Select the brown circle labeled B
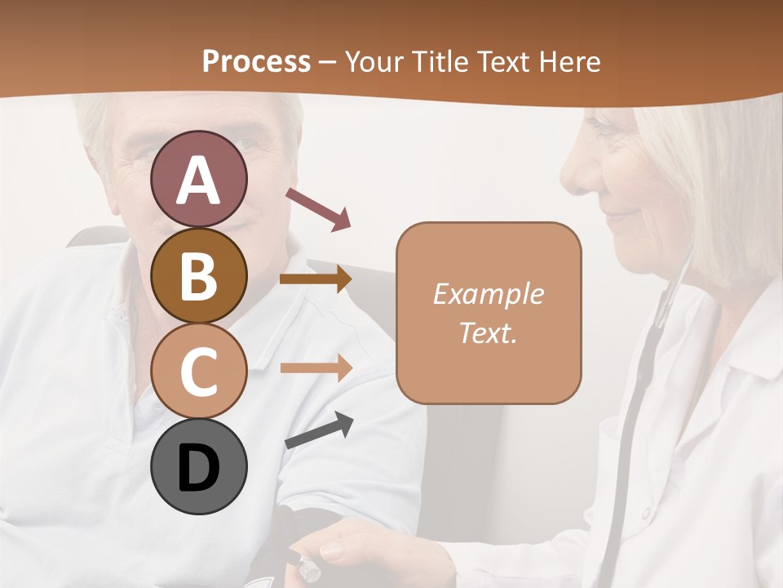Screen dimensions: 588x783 [x=198, y=275]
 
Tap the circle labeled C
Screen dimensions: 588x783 [x=198, y=371]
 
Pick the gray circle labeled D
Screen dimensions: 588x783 [x=198, y=466]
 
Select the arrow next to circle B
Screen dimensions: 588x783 [x=316, y=279]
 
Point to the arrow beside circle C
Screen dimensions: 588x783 [x=316, y=367]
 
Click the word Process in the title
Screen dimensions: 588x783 [x=256, y=61]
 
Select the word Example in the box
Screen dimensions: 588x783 [x=488, y=294]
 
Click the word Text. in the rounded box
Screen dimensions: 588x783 [x=488, y=332]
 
